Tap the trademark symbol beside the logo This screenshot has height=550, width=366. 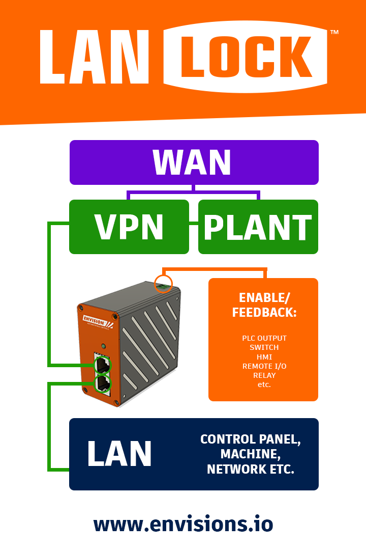[x=334, y=33]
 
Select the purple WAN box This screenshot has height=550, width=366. [x=194, y=162]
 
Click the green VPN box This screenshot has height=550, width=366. [x=129, y=227]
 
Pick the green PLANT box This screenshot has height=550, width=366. [x=258, y=227]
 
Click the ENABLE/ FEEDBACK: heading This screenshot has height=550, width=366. [x=264, y=306]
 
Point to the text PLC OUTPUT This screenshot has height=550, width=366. [x=264, y=338]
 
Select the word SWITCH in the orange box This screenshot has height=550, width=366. [x=264, y=347]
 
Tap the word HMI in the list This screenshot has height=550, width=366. [x=264, y=356]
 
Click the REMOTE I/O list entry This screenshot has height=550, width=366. [x=264, y=366]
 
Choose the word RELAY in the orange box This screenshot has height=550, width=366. [x=264, y=375]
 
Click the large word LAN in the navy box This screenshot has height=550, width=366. [x=119, y=454]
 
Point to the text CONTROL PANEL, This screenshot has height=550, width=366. [x=250, y=439]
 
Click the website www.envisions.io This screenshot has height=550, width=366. [x=183, y=524]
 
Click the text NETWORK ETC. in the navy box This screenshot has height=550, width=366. [x=250, y=469]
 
